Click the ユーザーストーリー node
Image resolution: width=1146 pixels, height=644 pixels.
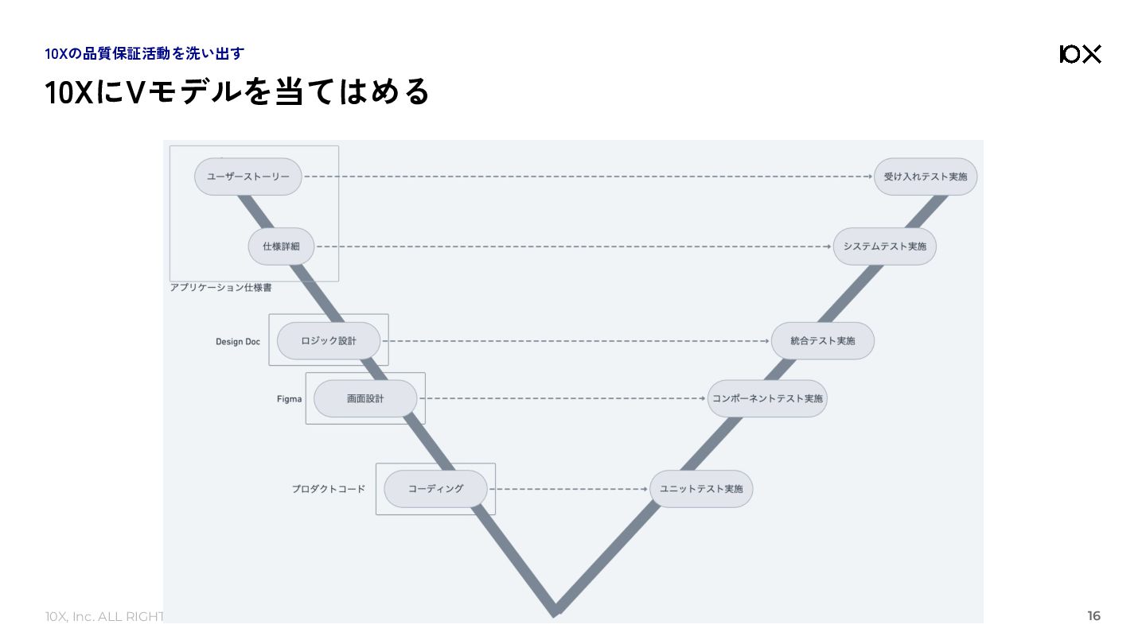(248, 177)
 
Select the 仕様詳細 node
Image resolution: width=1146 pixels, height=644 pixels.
(281, 246)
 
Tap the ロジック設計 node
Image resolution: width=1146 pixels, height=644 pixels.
(329, 341)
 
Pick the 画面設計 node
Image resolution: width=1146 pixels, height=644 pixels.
(365, 398)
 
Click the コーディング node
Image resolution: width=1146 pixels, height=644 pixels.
(435, 488)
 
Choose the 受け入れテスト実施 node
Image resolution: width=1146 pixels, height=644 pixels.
(925, 177)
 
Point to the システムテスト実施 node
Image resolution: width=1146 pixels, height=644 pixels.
(885, 246)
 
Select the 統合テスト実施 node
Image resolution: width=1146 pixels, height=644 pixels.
(822, 341)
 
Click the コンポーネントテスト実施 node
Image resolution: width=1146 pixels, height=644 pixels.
(767, 398)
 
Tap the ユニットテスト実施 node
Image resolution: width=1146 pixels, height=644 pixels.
(701, 488)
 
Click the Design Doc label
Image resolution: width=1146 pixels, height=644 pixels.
(238, 342)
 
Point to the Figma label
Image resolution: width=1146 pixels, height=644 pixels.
(290, 399)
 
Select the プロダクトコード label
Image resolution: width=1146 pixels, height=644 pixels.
(328, 489)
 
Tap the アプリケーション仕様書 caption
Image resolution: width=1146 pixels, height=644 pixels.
(220, 288)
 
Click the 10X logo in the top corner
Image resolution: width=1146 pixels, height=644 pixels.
(1080, 54)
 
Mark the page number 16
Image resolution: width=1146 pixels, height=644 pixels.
(1093, 616)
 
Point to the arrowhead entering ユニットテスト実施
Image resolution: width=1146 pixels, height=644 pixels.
(646, 489)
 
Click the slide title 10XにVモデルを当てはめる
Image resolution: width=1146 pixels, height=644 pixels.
(237, 92)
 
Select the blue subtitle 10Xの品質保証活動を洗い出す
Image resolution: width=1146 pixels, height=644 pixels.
(145, 54)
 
